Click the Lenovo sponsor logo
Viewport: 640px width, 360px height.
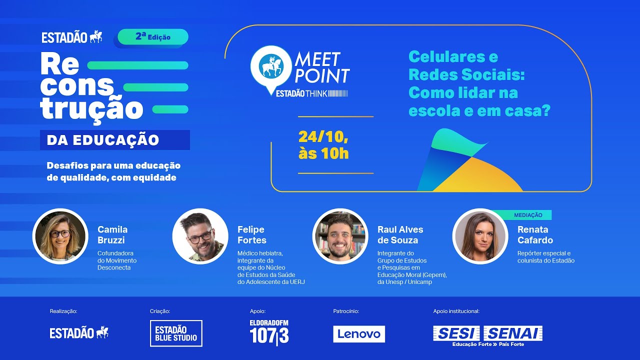[359, 334]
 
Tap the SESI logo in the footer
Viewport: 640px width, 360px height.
[456, 333]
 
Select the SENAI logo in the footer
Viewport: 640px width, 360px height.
[513, 333]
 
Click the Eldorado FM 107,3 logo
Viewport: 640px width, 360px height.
[269, 332]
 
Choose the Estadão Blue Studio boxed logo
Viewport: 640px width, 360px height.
[176, 333]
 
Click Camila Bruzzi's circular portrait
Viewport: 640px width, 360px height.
[60, 236]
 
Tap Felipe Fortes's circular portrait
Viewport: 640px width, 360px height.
[200, 236]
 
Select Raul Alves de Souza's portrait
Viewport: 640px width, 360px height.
[340, 236]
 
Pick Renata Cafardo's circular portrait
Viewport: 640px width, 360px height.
[480, 236]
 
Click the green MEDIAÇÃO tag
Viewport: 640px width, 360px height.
[528, 215]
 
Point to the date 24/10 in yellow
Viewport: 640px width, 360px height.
[323, 136]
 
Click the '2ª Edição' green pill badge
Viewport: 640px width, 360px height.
[153, 37]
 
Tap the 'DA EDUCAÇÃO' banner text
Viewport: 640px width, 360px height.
[103, 140]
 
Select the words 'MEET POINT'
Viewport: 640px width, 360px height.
[321, 67]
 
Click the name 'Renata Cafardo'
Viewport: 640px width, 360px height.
[535, 234]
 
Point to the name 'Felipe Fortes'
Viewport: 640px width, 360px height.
[251, 234]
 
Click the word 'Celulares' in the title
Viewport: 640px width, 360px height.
[453, 56]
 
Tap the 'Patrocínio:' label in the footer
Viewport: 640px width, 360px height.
[346, 311]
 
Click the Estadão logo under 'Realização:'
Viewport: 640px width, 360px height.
[79, 332]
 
